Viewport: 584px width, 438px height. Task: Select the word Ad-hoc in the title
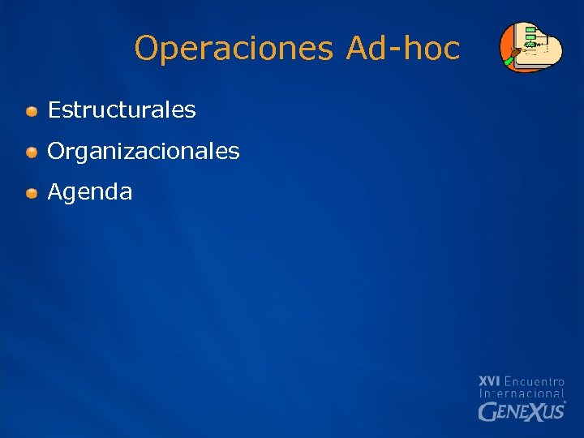(x=402, y=49)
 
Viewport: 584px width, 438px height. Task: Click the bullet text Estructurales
(x=122, y=109)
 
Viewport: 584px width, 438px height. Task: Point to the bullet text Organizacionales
(x=144, y=151)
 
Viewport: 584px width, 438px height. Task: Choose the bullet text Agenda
(x=90, y=192)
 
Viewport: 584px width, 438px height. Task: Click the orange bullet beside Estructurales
(x=31, y=110)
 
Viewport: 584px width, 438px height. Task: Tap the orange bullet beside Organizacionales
(x=31, y=152)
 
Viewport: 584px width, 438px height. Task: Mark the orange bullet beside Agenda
(x=31, y=193)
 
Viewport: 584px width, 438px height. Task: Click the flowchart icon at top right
(x=530, y=46)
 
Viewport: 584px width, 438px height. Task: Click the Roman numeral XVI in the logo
(x=489, y=380)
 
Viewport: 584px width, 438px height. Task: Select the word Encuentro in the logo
(x=535, y=380)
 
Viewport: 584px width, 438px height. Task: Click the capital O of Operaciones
(x=147, y=49)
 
